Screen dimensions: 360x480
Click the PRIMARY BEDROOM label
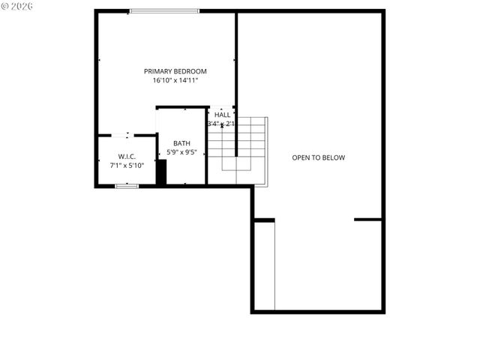coord(175,71)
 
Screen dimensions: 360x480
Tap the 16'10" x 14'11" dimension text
coord(175,80)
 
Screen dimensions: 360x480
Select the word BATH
coord(181,143)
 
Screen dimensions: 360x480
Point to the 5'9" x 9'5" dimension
coord(181,152)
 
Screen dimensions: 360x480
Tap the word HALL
coord(223,115)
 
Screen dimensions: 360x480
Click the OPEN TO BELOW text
coord(318,157)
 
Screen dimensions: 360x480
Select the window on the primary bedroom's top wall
coord(164,11)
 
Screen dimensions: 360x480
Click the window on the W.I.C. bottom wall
coord(127,185)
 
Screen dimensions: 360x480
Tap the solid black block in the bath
coord(160,172)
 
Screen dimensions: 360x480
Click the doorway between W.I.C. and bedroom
coord(127,135)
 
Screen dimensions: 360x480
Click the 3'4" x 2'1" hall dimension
coord(221,124)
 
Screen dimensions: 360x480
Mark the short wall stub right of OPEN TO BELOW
coord(368,220)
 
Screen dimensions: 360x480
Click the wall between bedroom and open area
coord(236,60)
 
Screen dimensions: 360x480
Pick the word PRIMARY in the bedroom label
coord(159,71)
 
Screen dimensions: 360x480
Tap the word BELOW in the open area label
coord(333,157)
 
